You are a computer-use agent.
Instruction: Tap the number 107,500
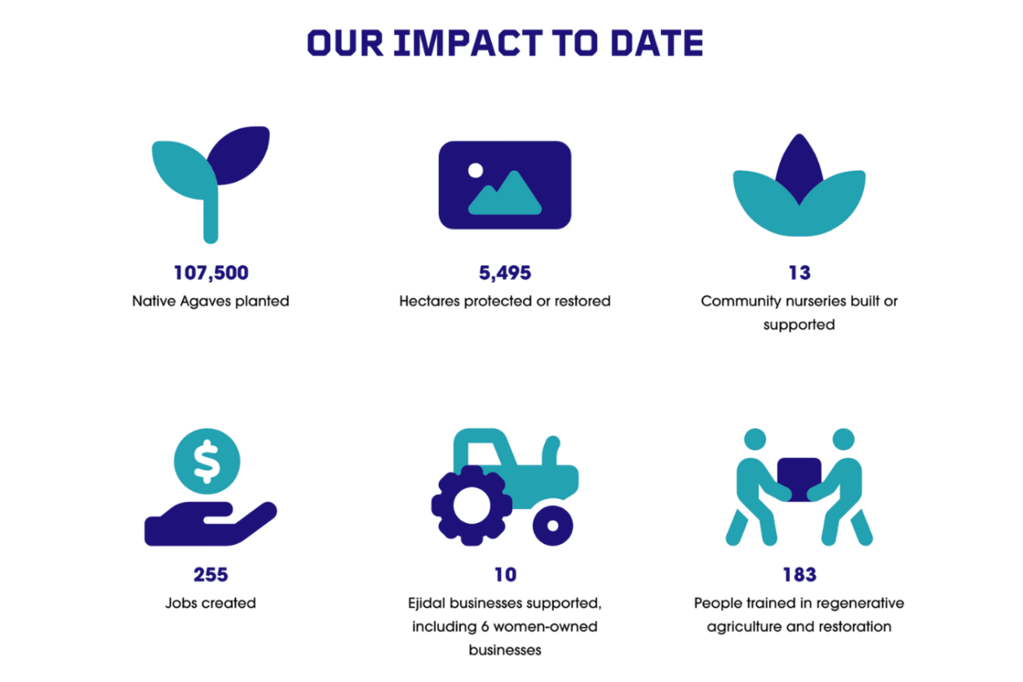pos(211,273)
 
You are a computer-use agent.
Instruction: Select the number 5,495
pos(505,273)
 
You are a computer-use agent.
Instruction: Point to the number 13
pos(799,272)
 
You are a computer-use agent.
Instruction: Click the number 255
pos(210,574)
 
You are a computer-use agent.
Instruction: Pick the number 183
pos(799,574)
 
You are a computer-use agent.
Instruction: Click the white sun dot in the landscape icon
pos(476,170)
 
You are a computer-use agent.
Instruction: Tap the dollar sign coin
pos(207,462)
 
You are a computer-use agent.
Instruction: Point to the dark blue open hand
pos(210,524)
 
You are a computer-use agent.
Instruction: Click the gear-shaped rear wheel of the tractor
pos(472,506)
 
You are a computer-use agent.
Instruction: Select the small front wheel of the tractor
pos(552,525)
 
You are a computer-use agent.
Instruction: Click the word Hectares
pos(429,301)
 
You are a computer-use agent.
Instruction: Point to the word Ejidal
pos(427,604)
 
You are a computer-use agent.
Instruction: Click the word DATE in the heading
pos(657,43)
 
